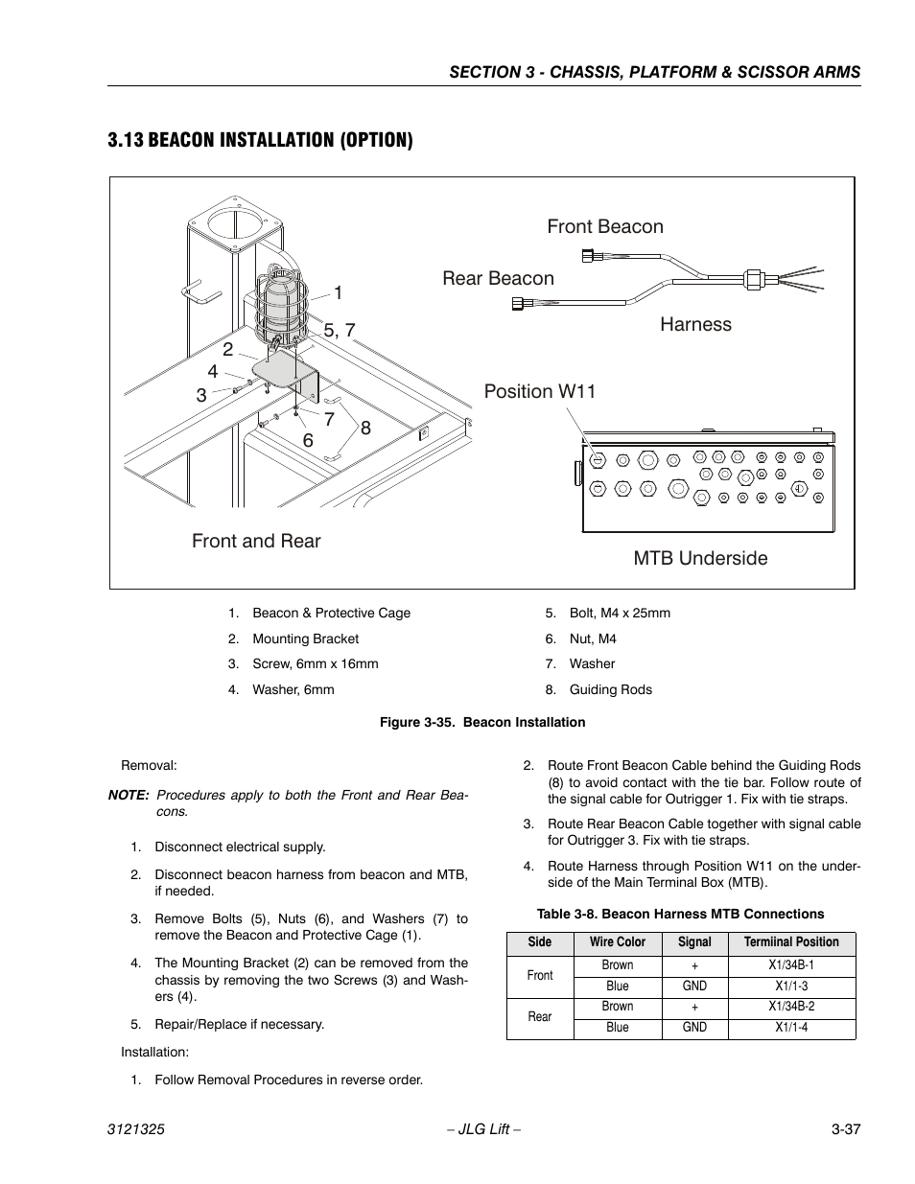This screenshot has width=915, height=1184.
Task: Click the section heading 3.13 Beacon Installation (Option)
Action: tap(261, 141)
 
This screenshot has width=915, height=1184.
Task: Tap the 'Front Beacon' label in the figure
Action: tap(605, 227)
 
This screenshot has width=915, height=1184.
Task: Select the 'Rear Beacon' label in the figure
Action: tap(498, 279)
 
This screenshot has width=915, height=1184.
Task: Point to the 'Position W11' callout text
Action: tap(540, 392)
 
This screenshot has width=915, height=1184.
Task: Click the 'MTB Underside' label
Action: tap(700, 559)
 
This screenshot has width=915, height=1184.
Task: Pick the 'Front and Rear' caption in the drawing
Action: tap(256, 542)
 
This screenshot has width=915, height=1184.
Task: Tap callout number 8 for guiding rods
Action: tap(365, 429)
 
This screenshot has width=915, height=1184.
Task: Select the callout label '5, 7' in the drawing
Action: tap(340, 331)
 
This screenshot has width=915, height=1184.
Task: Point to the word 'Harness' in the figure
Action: tap(695, 325)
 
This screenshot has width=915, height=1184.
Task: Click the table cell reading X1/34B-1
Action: tap(791, 965)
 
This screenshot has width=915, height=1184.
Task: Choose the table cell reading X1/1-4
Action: tap(791, 1028)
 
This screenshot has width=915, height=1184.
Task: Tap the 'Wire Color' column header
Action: tap(618, 942)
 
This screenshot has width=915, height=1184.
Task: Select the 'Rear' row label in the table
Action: tap(540, 1017)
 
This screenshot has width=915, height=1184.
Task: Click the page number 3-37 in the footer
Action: tap(846, 1130)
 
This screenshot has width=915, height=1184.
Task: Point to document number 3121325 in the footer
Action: tap(136, 1130)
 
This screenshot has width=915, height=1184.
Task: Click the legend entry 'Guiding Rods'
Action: tap(610, 690)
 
